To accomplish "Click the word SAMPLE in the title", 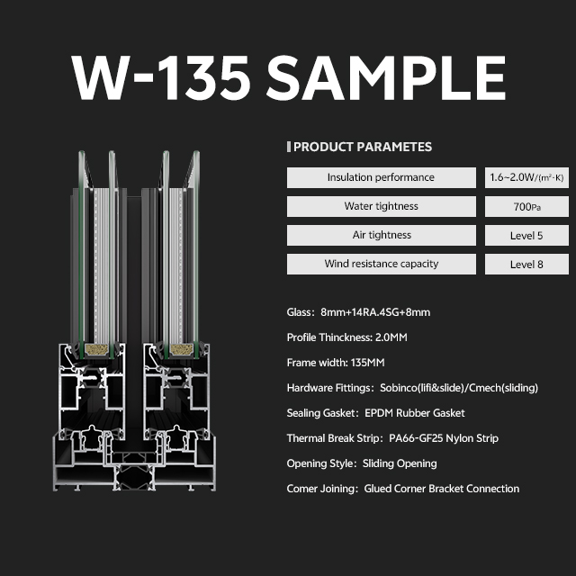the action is click(x=386, y=78).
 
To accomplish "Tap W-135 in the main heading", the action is click(x=161, y=78).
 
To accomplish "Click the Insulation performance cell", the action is click(x=382, y=178).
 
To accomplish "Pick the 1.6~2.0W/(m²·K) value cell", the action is click(x=526, y=178).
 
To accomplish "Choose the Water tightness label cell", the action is click(x=382, y=206).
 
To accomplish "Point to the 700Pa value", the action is click(x=526, y=207).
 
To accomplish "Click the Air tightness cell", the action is click(x=382, y=235).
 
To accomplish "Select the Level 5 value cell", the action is click(x=526, y=235).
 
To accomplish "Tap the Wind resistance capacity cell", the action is click(x=382, y=264).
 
